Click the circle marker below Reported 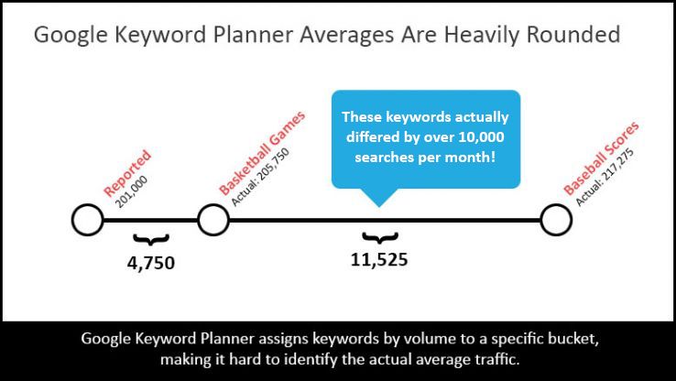click(x=87, y=220)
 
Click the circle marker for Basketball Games click(x=213, y=220)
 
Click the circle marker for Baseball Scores click(x=555, y=220)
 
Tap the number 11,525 click(x=378, y=259)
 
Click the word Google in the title click(x=69, y=37)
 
